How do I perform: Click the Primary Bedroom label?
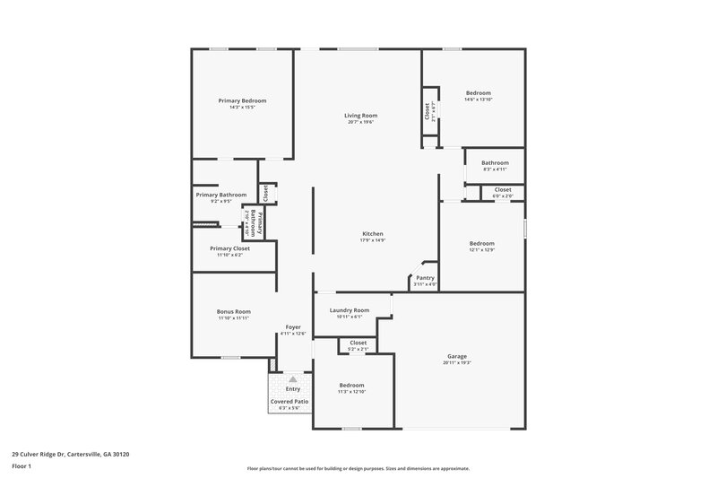[x=242, y=100]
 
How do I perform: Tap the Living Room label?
[x=360, y=115]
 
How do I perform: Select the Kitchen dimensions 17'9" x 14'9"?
[x=372, y=239]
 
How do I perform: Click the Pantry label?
[x=425, y=278]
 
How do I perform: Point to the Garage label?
[x=457, y=356]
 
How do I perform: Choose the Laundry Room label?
[x=349, y=309]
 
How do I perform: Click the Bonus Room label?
[x=233, y=311]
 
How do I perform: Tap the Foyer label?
[x=293, y=326]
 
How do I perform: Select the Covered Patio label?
[x=289, y=401]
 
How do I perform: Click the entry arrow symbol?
[x=292, y=380]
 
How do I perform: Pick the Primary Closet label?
[x=229, y=248]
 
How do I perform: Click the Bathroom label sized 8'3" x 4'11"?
[x=495, y=162]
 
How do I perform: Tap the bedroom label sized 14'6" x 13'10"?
[x=478, y=93]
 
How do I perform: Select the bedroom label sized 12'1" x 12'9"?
[x=482, y=243]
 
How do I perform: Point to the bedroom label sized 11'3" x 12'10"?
[x=351, y=385]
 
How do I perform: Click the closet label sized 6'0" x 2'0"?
[x=503, y=189]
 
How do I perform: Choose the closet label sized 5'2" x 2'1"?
[x=358, y=343]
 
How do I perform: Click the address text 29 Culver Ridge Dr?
[x=46, y=454]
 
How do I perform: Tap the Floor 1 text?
[x=22, y=467]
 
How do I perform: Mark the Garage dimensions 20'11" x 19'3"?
[x=457, y=363]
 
